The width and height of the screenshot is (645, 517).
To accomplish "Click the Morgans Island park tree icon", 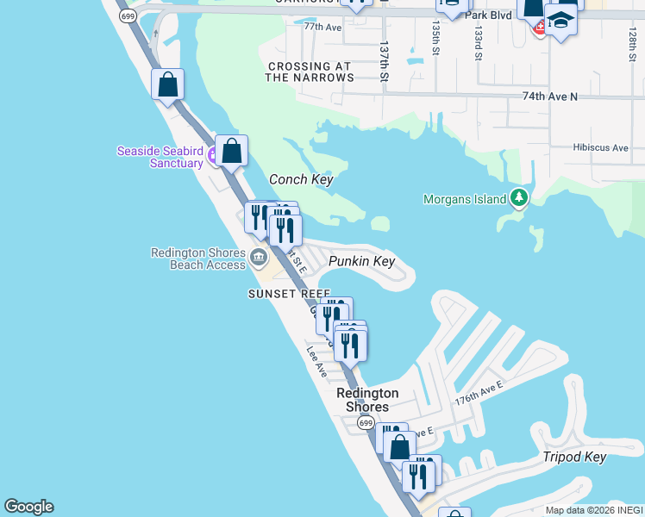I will pyautogui.click(x=518, y=198).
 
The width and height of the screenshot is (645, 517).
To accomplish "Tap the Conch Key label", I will pyautogui.click(x=301, y=179).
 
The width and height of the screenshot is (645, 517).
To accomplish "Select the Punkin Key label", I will pyautogui.click(x=361, y=261).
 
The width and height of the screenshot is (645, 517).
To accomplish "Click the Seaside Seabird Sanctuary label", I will pyautogui.click(x=160, y=157).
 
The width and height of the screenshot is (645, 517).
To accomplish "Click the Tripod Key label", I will pyautogui.click(x=574, y=457).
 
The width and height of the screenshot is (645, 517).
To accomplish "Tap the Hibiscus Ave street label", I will pyautogui.click(x=600, y=147).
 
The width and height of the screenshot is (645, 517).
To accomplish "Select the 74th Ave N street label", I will pyautogui.click(x=549, y=97).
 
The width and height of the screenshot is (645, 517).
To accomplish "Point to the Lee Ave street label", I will pyautogui.click(x=316, y=361).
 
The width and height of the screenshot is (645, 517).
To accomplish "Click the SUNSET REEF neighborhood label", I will pyautogui.click(x=290, y=294).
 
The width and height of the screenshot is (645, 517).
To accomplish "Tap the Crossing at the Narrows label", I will pyautogui.click(x=309, y=72).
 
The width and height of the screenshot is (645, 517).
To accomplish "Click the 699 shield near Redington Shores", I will pyautogui.click(x=366, y=422).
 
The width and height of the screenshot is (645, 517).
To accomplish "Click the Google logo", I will pyautogui.click(x=28, y=507).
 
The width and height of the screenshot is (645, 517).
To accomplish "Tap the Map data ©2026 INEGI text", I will pyautogui.click(x=592, y=510).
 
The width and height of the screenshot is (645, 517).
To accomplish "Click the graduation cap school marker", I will pyautogui.click(x=560, y=18).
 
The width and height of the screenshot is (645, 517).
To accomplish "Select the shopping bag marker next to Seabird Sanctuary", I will pyautogui.click(x=232, y=152).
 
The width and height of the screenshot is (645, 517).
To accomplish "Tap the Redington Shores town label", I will pyautogui.click(x=362, y=400).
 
